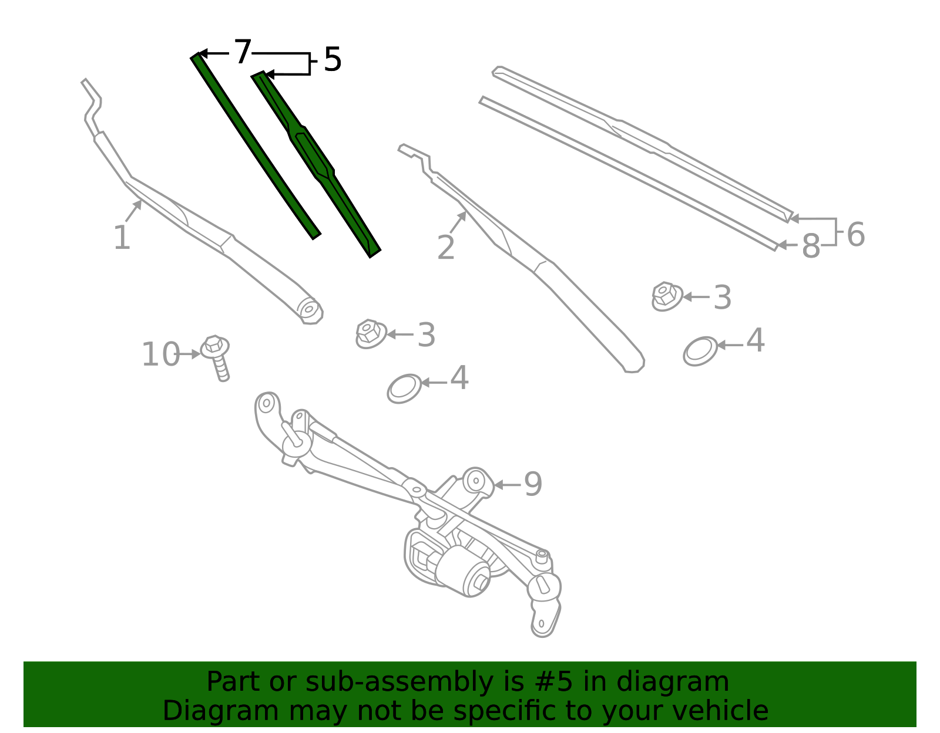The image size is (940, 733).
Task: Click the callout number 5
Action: point(332,60)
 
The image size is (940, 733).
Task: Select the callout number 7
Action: point(243,52)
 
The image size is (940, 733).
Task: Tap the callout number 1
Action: point(121,238)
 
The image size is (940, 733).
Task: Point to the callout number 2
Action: point(446,248)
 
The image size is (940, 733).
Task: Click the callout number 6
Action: point(856,234)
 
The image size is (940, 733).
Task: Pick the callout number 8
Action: point(811,246)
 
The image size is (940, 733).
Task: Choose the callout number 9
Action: point(532,485)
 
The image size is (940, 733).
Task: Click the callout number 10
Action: point(160,354)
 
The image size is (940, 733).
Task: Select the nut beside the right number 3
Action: point(666,296)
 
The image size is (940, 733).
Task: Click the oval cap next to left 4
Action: point(404,388)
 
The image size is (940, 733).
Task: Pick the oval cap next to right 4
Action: point(700,351)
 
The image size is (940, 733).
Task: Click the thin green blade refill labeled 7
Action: point(256,147)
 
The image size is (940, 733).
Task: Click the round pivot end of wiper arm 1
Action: point(309,309)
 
